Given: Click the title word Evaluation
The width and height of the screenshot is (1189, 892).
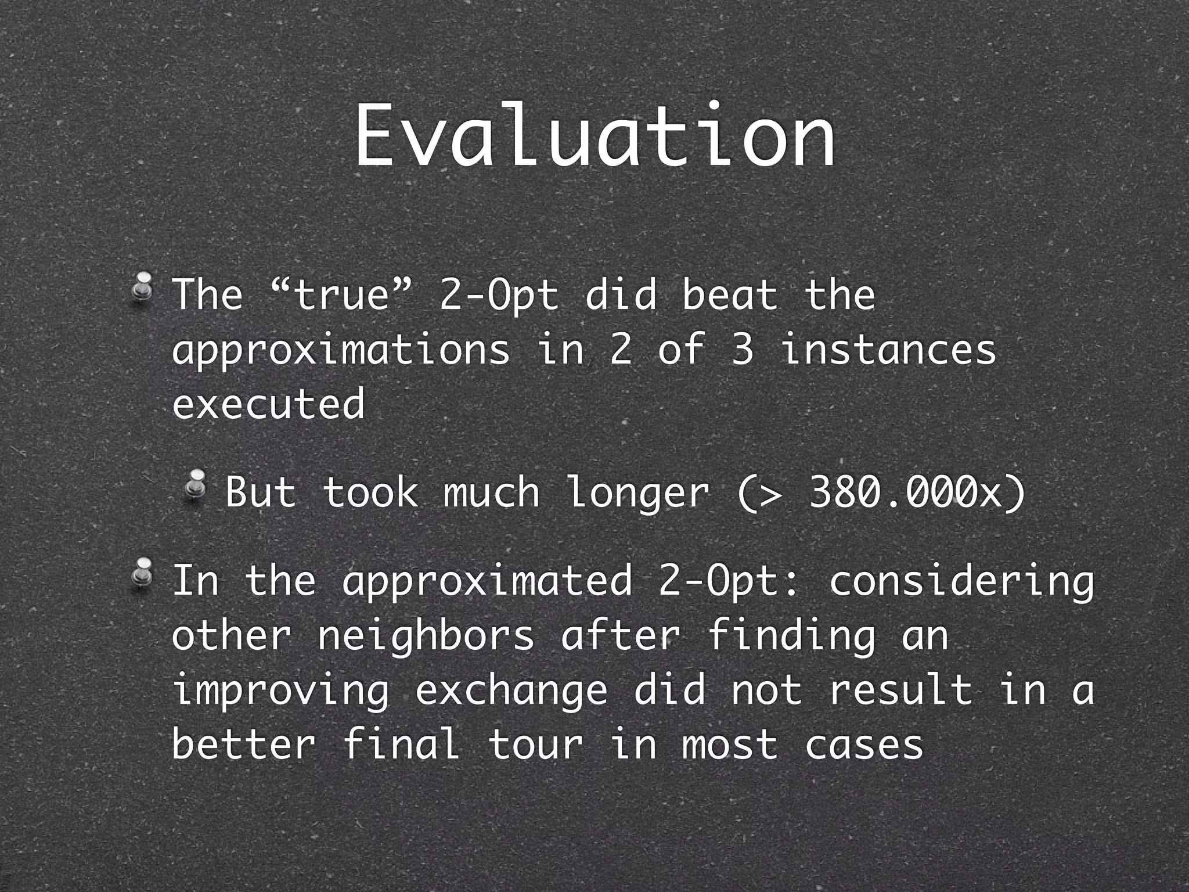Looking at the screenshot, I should tap(594, 138).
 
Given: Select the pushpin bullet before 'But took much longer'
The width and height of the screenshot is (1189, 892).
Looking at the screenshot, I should tap(196, 485).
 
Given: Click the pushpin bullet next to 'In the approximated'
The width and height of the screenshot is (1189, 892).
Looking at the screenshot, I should tap(142, 574).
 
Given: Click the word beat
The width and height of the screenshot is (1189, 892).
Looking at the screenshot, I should tap(729, 294).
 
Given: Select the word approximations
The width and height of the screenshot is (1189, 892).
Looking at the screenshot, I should tap(341, 350).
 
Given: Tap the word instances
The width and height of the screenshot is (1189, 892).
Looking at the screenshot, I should tap(888, 350).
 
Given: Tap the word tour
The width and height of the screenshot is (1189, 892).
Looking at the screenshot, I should tap(535, 744).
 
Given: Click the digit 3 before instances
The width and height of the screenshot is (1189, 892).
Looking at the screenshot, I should tap(742, 350).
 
